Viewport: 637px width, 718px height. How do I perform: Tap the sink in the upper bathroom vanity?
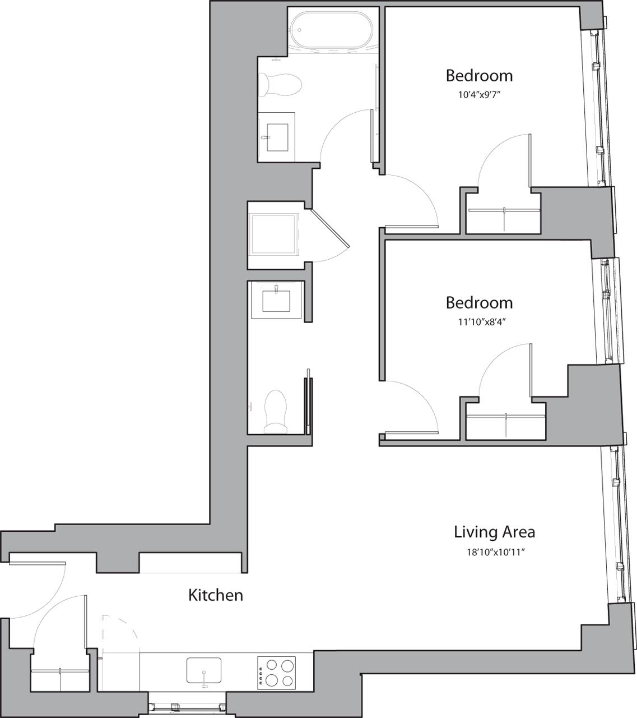click(x=277, y=137)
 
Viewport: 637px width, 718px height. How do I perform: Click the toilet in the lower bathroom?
click(x=275, y=412)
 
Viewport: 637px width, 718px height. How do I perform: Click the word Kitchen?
click(x=215, y=595)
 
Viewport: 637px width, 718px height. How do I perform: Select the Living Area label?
click(x=494, y=531)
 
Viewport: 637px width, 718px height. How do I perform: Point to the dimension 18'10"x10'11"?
click(x=494, y=552)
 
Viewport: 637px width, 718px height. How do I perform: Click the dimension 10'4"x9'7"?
click(x=479, y=95)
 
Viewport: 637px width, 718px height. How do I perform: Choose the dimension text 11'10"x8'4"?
click(x=479, y=322)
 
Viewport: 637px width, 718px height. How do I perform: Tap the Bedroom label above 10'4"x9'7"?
click(x=479, y=75)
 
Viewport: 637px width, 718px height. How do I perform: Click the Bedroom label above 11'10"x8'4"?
click(x=479, y=303)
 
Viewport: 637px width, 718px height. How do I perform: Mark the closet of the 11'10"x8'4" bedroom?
click(x=505, y=424)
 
